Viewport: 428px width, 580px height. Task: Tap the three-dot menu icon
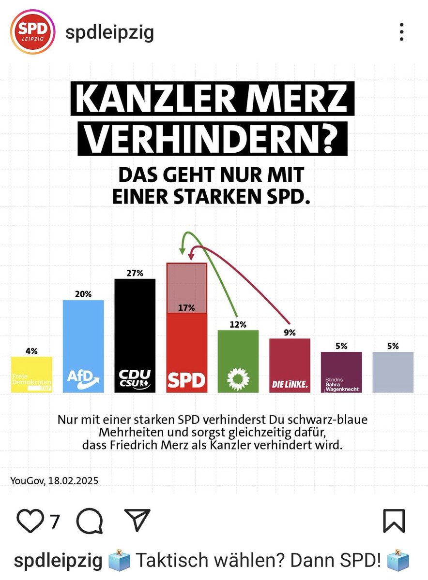(401, 32)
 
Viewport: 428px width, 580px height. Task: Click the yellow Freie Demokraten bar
(31, 374)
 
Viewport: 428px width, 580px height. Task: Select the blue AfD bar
(83, 346)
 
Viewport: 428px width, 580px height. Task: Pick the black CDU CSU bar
(135, 335)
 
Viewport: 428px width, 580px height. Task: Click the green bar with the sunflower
(238, 361)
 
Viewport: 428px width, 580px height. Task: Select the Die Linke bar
(290, 365)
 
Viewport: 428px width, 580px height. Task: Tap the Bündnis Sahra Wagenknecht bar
(341, 372)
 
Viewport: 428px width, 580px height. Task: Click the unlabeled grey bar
(393, 372)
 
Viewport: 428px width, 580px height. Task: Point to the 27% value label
(135, 273)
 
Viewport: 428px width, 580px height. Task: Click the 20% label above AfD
(83, 294)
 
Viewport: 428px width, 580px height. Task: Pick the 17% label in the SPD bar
(186, 307)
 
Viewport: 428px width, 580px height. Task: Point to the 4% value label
(31, 351)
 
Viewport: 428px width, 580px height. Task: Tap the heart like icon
(30, 522)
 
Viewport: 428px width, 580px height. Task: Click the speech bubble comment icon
(90, 522)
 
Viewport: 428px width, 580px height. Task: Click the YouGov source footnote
(54, 481)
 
